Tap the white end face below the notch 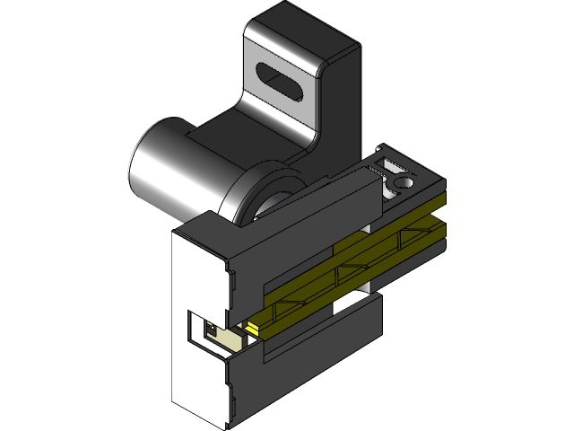click(197, 382)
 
